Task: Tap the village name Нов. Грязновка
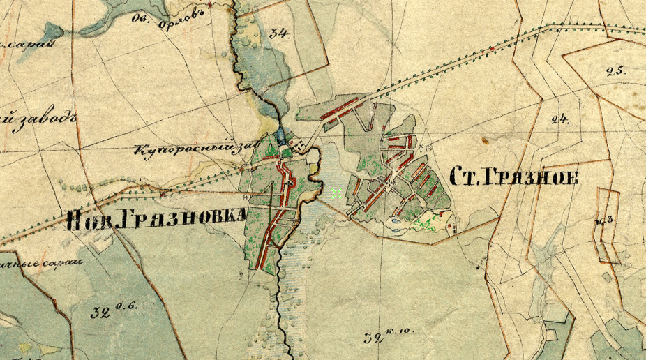click(x=156, y=219)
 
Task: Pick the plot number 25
click(x=617, y=70)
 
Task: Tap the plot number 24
click(x=559, y=119)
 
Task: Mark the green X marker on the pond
click(x=336, y=193)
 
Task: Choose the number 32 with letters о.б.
click(x=111, y=310)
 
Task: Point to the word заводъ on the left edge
click(x=36, y=120)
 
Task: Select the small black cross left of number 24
click(x=484, y=140)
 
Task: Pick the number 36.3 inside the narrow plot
click(x=604, y=221)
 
